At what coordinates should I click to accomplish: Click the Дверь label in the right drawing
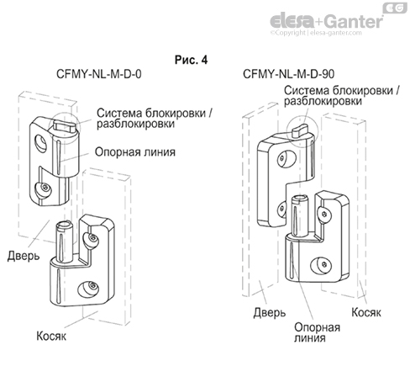(265, 313)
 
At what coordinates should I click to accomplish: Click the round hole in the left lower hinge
(84, 290)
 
